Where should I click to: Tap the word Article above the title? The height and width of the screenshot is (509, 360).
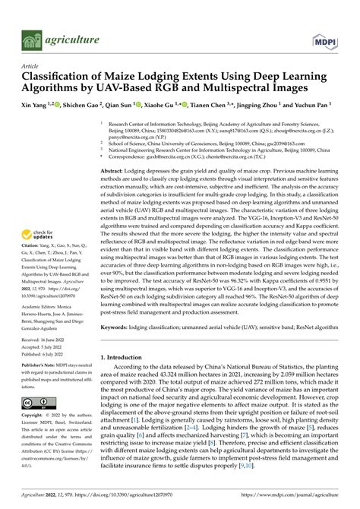(32, 67)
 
